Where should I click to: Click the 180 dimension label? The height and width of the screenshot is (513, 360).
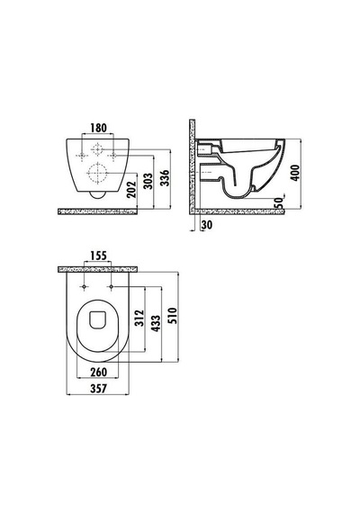pos(98,128)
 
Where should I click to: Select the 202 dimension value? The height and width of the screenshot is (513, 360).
pos(131,190)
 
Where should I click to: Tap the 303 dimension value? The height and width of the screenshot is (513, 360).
pos(148,181)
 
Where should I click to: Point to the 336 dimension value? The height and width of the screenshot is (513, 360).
pos(165,178)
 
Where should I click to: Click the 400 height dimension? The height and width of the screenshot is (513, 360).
pos(295,173)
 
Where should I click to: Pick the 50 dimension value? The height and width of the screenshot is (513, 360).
pos(278,203)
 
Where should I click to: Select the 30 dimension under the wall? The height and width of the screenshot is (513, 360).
pos(206,225)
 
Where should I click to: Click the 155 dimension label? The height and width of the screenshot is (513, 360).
pos(98,256)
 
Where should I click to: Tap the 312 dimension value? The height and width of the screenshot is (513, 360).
pos(139,319)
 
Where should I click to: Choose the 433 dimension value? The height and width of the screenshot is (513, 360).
pos(156,323)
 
